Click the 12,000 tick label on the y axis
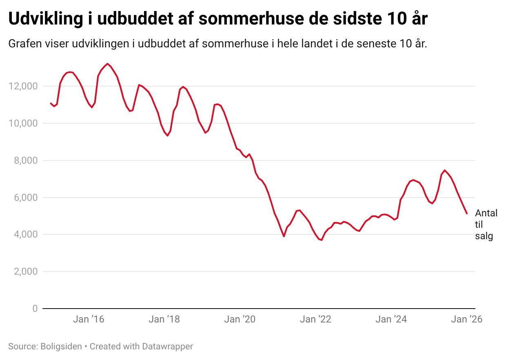pos(23,86)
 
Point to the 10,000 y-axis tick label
pos(23,123)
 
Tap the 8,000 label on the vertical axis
pos(26,160)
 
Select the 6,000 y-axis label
pos(26,198)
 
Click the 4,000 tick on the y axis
pos(26,234)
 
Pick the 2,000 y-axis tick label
pos(26,271)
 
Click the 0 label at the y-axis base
pos(35,309)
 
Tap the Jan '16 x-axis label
pos(89,319)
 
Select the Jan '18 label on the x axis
pos(164,319)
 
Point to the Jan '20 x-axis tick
pos(240,319)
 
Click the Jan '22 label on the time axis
pos(315,319)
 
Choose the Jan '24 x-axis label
pos(391,319)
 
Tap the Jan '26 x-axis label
pos(467,319)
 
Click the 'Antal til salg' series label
pos(486,224)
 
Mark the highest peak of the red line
pos(108,64)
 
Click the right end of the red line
pos(467,213)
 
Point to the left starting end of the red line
pos(51,103)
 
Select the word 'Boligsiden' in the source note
pos(61,347)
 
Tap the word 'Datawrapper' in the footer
pos(168,347)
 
